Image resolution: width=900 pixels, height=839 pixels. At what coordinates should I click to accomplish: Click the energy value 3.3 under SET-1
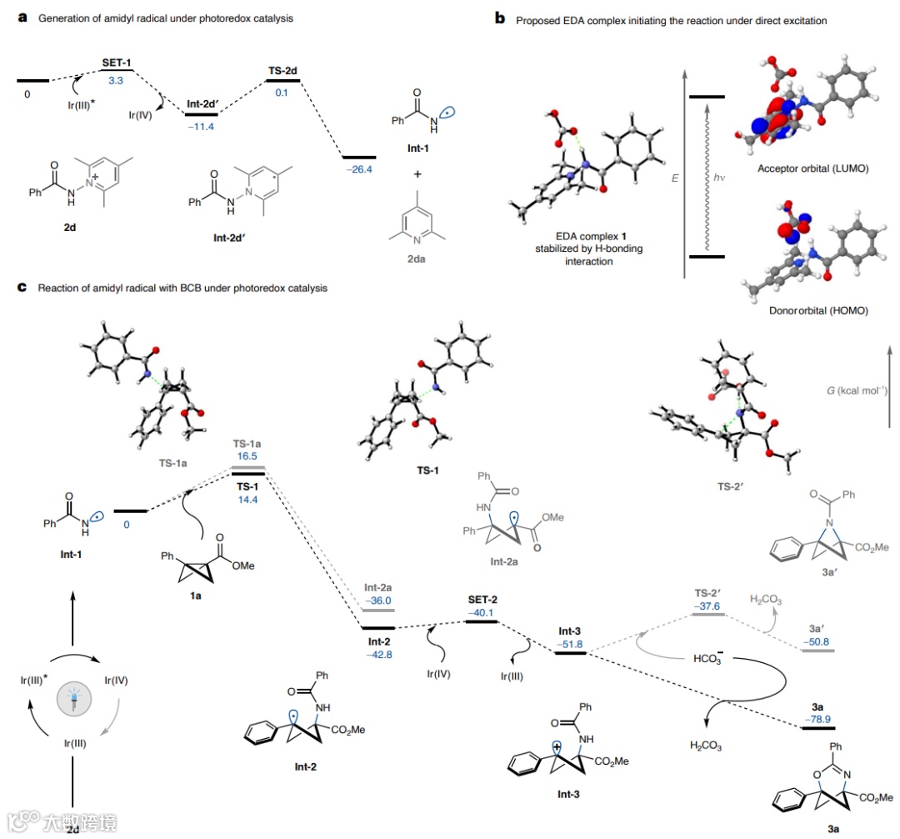[115, 81]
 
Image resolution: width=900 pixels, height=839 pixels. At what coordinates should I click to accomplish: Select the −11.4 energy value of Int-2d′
[201, 125]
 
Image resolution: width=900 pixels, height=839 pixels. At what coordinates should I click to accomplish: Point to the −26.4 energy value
[359, 168]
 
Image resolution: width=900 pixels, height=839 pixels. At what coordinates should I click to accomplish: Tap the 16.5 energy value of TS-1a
[248, 458]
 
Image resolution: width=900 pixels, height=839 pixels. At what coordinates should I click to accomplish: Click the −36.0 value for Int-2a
[377, 600]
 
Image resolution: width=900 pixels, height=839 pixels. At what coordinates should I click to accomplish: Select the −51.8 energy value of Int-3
[571, 645]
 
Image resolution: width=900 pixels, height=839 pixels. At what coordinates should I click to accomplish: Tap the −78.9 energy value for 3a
[817, 716]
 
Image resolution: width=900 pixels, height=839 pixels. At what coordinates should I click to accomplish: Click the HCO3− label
[708, 660]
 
